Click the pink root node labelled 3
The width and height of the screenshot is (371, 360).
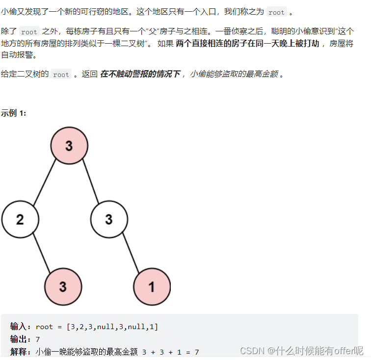69,146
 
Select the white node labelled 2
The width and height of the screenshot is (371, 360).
20,219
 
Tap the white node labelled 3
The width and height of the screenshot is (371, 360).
109,219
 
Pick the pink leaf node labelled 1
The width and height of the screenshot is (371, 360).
152,286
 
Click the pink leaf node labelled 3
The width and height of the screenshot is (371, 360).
63,286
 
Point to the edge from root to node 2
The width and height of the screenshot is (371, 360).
45,182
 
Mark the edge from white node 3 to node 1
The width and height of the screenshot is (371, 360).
131,253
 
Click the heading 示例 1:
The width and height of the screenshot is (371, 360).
14,113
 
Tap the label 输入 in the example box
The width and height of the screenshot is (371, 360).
20,327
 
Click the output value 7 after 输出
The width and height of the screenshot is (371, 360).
38,339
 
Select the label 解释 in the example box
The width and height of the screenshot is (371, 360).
20,352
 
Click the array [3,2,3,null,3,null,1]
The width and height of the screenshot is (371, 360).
112,327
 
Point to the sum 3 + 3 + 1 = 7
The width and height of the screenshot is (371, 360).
171,352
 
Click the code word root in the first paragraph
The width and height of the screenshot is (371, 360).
276,12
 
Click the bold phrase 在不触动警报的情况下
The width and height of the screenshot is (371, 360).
140,74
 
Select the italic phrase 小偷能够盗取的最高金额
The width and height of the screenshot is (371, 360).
234,74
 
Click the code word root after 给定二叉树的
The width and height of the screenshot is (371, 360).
61,75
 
